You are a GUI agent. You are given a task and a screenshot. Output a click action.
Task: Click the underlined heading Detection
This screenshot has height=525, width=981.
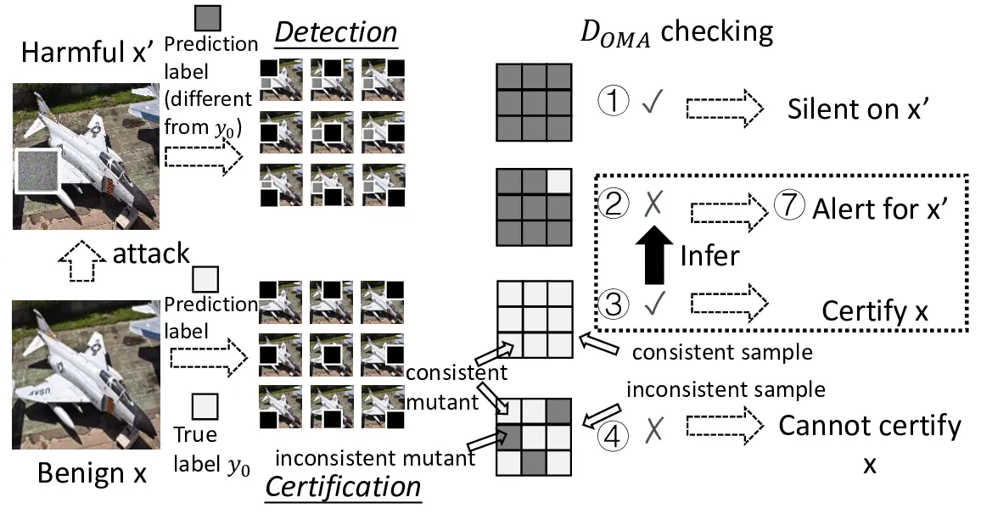[336, 32]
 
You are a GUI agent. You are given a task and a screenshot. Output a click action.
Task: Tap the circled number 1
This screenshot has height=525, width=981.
[614, 103]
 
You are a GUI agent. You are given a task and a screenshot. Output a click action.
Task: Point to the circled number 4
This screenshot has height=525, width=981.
[614, 435]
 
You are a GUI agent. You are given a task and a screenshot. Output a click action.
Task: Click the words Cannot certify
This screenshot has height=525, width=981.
[870, 425]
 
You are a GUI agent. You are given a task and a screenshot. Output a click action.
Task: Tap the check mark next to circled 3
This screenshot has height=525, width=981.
[652, 304]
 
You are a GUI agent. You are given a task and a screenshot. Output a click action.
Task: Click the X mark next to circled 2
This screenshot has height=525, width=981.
[653, 204]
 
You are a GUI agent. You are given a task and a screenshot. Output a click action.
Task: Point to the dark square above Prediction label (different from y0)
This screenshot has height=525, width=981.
[207, 19]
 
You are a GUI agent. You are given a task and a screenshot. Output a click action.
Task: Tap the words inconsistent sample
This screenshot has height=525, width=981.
[725, 389]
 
